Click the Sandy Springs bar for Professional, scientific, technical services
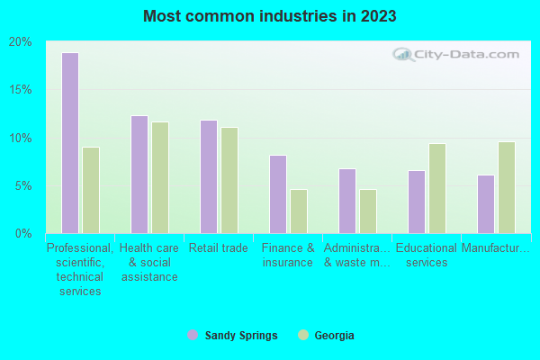[x=70, y=143]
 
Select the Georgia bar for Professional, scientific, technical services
[x=91, y=190]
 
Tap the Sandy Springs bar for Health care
[x=139, y=175]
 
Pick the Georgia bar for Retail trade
[x=229, y=180]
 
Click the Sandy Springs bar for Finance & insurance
[x=278, y=194]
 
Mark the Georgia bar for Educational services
[x=437, y=188]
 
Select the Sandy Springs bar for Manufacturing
[x=486, y=204]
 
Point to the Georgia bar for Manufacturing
[x=507, y=187]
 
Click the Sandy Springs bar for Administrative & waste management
[x=347, y=201]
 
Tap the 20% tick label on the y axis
[x=21, y=42]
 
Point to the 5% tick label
[x=23, y=186]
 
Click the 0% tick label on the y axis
[x=23, y=234]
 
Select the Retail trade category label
[x=219, y=248]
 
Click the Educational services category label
[x=427, y=256]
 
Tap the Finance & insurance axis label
[x=288, y=256]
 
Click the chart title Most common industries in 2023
[x=269, y=16]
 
